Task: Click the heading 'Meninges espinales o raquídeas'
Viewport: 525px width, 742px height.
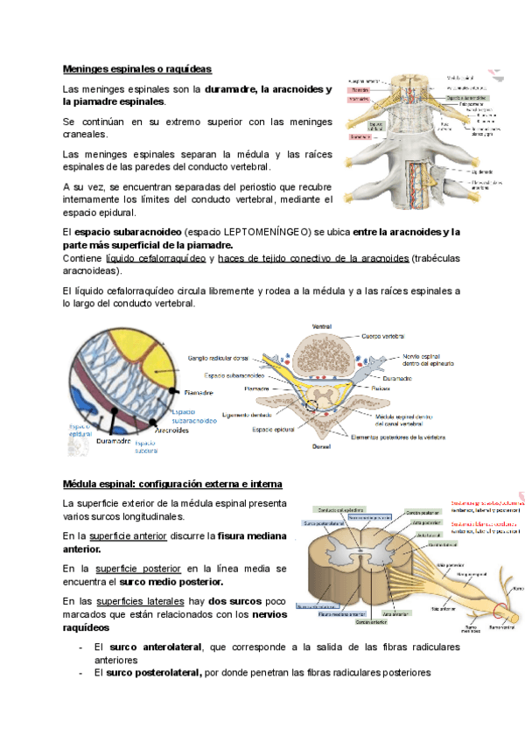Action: coord(137,68)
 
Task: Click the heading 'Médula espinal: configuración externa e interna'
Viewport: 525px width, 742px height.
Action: coord(172,484)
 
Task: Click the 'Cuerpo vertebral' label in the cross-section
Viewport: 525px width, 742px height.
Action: coord(381,336)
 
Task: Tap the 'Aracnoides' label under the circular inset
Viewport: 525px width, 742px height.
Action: coord(172,430)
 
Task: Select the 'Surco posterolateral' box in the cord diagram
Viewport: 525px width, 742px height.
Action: coord(322,523)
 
